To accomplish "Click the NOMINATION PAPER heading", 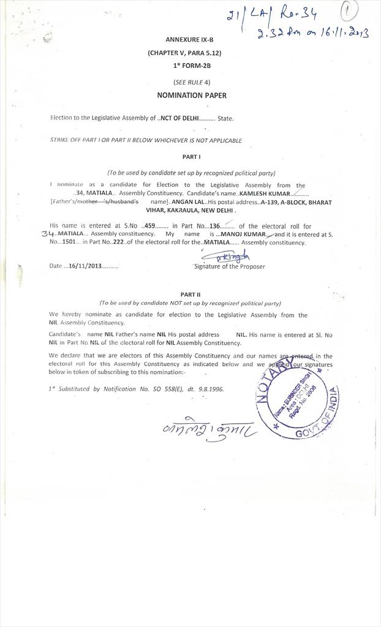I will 192,96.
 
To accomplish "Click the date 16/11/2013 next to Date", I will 85,266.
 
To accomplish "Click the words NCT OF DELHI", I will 179,118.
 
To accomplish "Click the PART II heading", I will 190,295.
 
